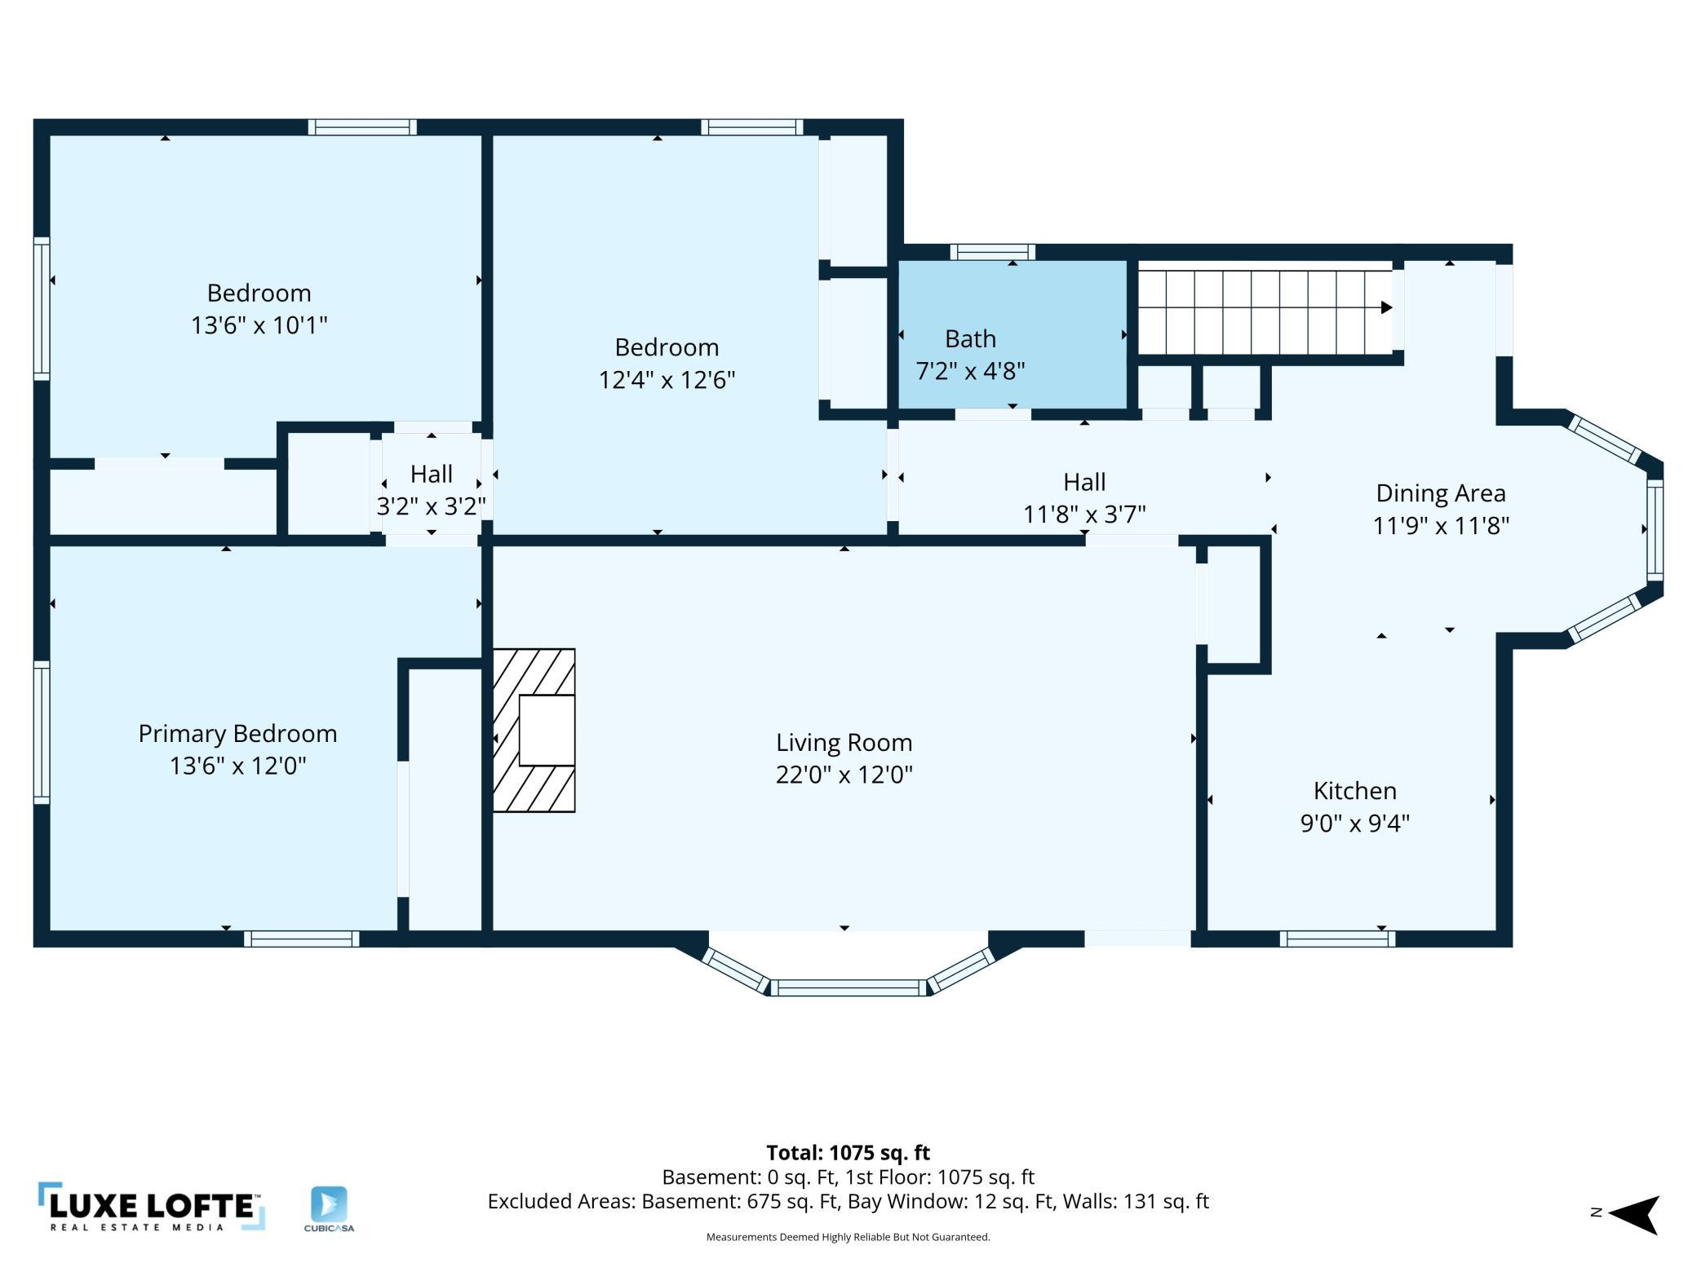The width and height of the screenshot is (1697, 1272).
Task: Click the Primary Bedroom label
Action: [x=237, y=734]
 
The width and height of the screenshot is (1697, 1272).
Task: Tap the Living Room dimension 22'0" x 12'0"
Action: [x=844, y=774]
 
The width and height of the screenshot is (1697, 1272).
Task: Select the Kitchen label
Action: [x=1354, y=791]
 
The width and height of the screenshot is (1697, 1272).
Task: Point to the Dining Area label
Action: [x=1441, y=493]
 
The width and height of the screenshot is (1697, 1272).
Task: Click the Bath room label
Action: [x=970, y=338]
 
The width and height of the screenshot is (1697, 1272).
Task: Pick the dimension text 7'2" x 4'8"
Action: [x=970, y=371]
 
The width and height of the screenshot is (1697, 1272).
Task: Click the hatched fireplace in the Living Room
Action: [x=534, y=731]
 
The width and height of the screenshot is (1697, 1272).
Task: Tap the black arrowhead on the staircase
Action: [x=1386, y=307]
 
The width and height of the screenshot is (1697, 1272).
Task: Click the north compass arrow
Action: [x=1633, y=1215]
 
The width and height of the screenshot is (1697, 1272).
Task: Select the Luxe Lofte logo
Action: [x=152, y=1207]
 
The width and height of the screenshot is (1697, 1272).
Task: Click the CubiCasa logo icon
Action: [x=329, y=1204]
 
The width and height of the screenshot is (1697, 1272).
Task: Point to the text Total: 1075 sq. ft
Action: [x=848, y=1153]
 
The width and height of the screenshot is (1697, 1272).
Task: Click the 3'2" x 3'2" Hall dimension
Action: [x=431, y=506]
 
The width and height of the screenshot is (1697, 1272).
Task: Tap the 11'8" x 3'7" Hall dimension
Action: [x=1084, y=515]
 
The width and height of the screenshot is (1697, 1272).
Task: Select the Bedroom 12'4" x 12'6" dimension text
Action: [x=667, y=380]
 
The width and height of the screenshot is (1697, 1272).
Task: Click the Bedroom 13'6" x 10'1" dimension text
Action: [x=259, y=325]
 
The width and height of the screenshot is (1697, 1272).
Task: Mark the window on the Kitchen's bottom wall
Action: [x=1337, y=939]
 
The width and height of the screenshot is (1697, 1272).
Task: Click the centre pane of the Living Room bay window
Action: [x=848, y=988]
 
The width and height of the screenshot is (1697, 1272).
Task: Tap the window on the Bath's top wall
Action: [x=992, y=252]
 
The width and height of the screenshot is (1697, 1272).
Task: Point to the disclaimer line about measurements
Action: [x=848, y=1237]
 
